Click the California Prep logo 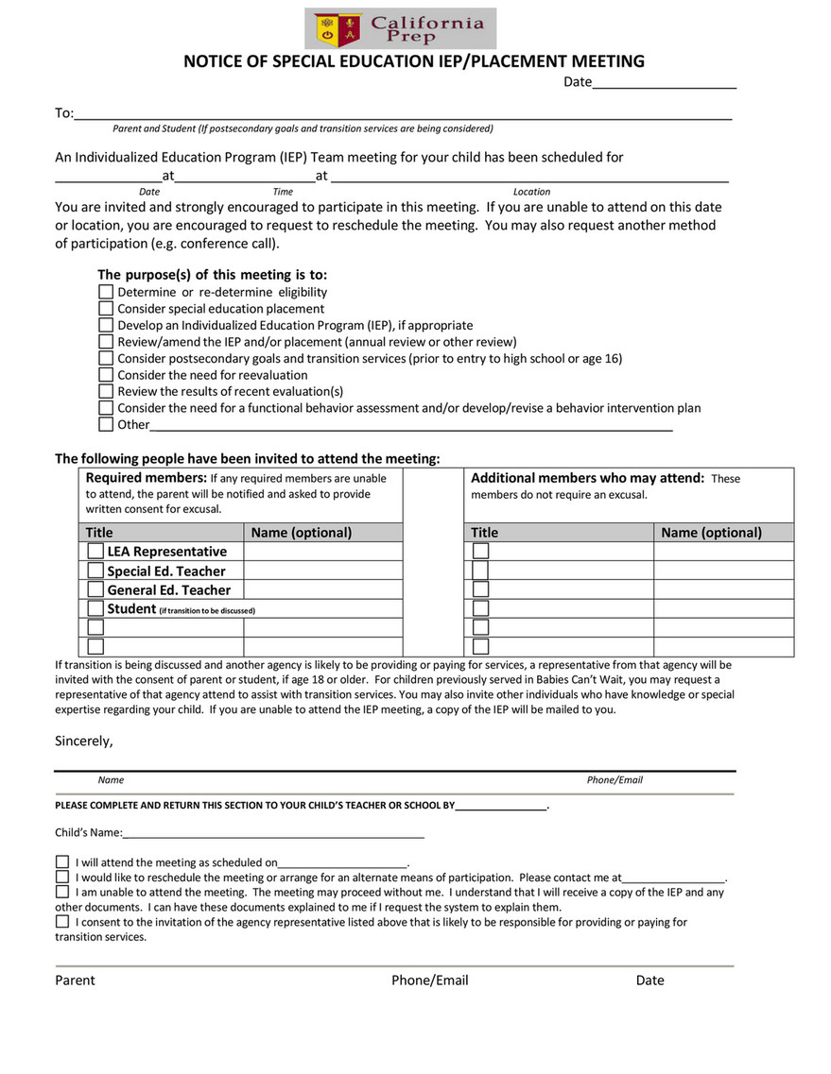[x=400, y=28]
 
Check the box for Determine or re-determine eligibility [x=106, y=292]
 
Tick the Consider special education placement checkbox [x=106, y=308]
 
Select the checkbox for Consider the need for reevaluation [x=106, y=375]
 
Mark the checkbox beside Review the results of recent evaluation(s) [x=106, y=391]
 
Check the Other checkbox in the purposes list [x=106, y=424]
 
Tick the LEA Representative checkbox [x=95, y=551]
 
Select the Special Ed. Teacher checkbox [x=95, y=571]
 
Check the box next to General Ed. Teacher [x=95, y=589]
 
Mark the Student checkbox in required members [x=95, y=608]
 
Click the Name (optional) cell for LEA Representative [x=322, y=551]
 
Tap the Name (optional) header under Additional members [x=711, y=533]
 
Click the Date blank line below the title [x=664, y=82]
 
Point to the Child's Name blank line [x=273, y=832]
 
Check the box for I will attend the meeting [x=62, y=861]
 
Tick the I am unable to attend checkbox [x=62, y=892]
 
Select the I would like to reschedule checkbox [x=62, y=877]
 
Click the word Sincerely [x=83, y=742]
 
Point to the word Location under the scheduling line [x=531, y=192]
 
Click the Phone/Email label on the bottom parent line [x=429, y=980]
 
